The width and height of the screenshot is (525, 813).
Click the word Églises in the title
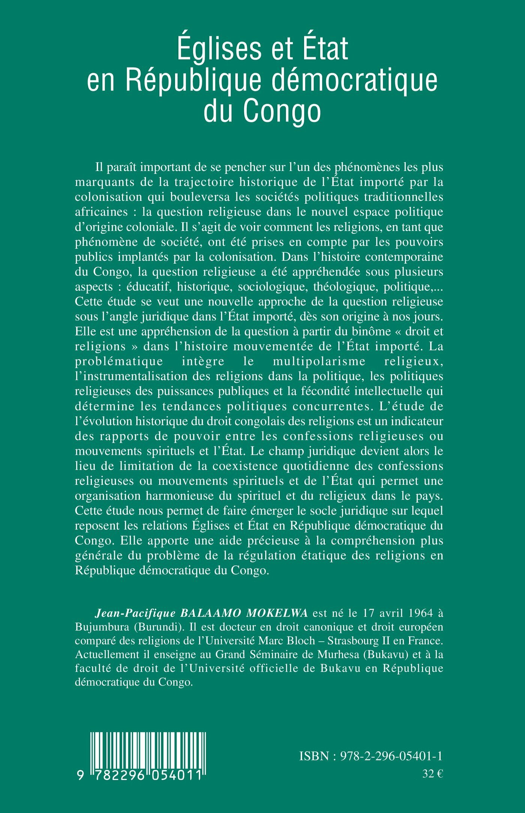[220, 48]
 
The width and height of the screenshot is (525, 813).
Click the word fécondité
[323, 391]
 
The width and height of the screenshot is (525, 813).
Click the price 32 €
[432, 774]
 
